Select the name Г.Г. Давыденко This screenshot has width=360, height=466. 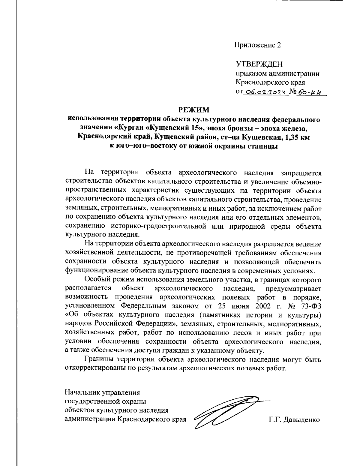(294, 419)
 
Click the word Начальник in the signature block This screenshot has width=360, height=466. (82, 392)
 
